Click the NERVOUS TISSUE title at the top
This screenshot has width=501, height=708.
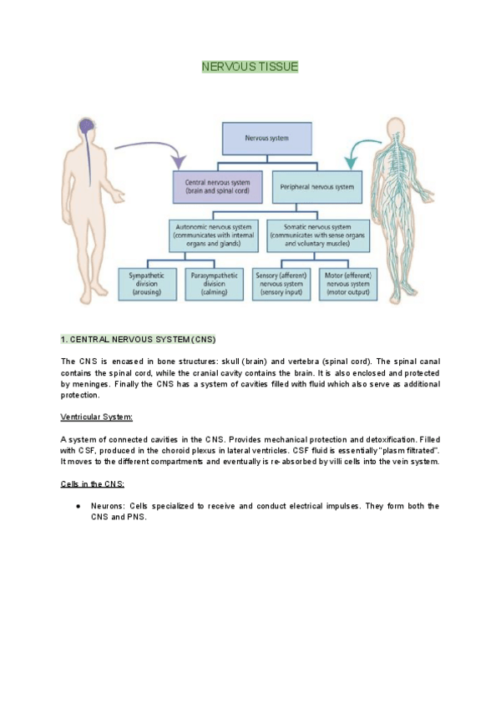click(x=250, y=67)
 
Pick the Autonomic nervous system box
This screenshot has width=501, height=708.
click(x=216, y=235)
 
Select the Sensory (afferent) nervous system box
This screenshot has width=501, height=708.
click(x=285, y=282)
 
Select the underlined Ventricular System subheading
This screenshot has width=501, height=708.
click(x=97, y=416)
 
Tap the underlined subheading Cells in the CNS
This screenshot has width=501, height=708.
click(x=92, y=484)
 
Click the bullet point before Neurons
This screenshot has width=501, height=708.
click(x=77, y=507)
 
